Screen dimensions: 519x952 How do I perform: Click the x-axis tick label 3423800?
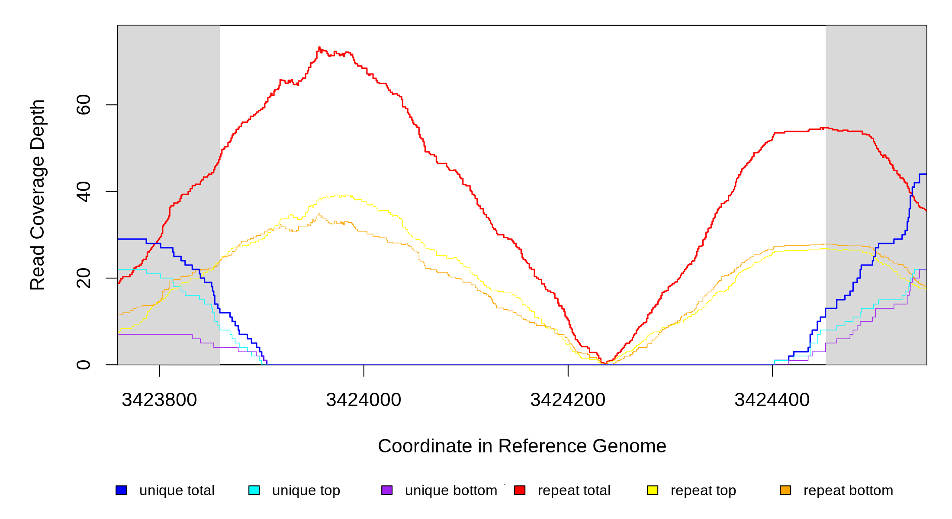point(159,400)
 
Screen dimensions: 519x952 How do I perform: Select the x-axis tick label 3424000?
point(363,400)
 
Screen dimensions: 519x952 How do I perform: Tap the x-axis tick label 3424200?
point(568,400)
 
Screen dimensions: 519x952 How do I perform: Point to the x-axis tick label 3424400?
point(772,400)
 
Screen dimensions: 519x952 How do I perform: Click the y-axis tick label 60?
point(84,105)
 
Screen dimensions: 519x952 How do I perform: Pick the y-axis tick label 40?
point(84,192)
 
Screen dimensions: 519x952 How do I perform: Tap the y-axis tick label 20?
point(84,278)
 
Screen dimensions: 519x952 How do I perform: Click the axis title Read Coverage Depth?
point(38,195)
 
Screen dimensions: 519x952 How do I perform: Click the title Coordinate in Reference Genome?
point(522,446)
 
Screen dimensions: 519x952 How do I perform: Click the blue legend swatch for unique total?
point(121,490)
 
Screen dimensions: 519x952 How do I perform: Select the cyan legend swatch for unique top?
point(254,490)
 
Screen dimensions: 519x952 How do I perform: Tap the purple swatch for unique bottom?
point(387,490)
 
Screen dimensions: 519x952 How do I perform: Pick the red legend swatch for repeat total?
point(520,490)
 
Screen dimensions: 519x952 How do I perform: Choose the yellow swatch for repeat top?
point(653,490)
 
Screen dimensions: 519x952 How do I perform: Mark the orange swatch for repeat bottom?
point(785,490)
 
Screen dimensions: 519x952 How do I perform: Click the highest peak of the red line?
point(319,48)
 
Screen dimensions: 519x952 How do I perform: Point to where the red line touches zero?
point(605,363)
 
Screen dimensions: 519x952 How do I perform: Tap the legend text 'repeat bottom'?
point(848,490)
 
